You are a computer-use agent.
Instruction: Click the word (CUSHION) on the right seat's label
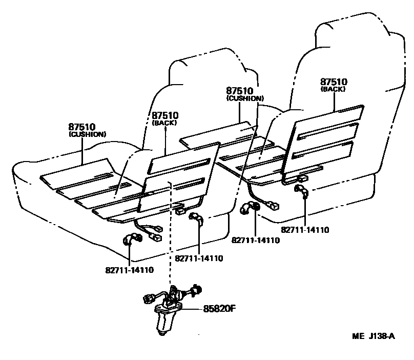click(x=244, y=98)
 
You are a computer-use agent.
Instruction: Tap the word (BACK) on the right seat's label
click(x=334, y=89)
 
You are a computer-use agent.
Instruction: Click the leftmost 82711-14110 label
click(x=130, y=269)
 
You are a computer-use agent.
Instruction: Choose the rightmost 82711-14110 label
click(x=305, y=229)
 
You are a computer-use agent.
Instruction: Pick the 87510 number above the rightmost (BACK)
click(x=334, y=82)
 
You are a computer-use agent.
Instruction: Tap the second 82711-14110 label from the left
click(x=199, y=258)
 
